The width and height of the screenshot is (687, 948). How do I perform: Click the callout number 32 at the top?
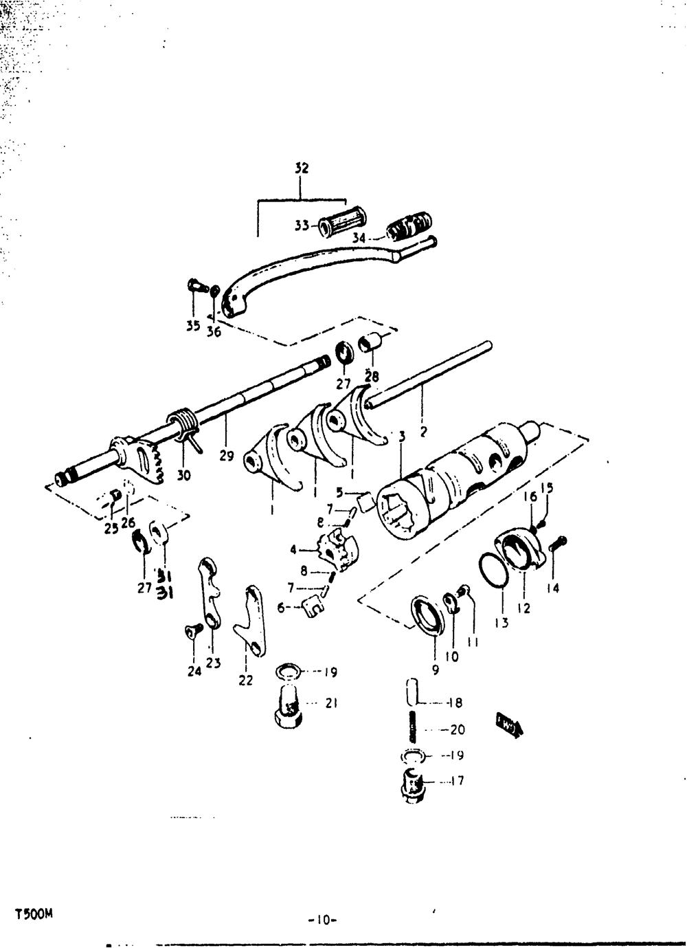(x=302, y=168)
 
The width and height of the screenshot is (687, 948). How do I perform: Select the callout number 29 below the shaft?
(x=227, y=455)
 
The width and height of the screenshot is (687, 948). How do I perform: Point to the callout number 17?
(x=458, y=781)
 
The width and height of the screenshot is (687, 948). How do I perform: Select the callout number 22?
(x=245, y=680)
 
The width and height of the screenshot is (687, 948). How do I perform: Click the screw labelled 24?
(x=192, y=628)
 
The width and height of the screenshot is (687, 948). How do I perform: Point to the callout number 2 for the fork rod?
(x=423, y=432)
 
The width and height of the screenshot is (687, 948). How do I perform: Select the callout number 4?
(x=294, y=549)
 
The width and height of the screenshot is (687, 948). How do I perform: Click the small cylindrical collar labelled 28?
(x=371, y=342)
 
